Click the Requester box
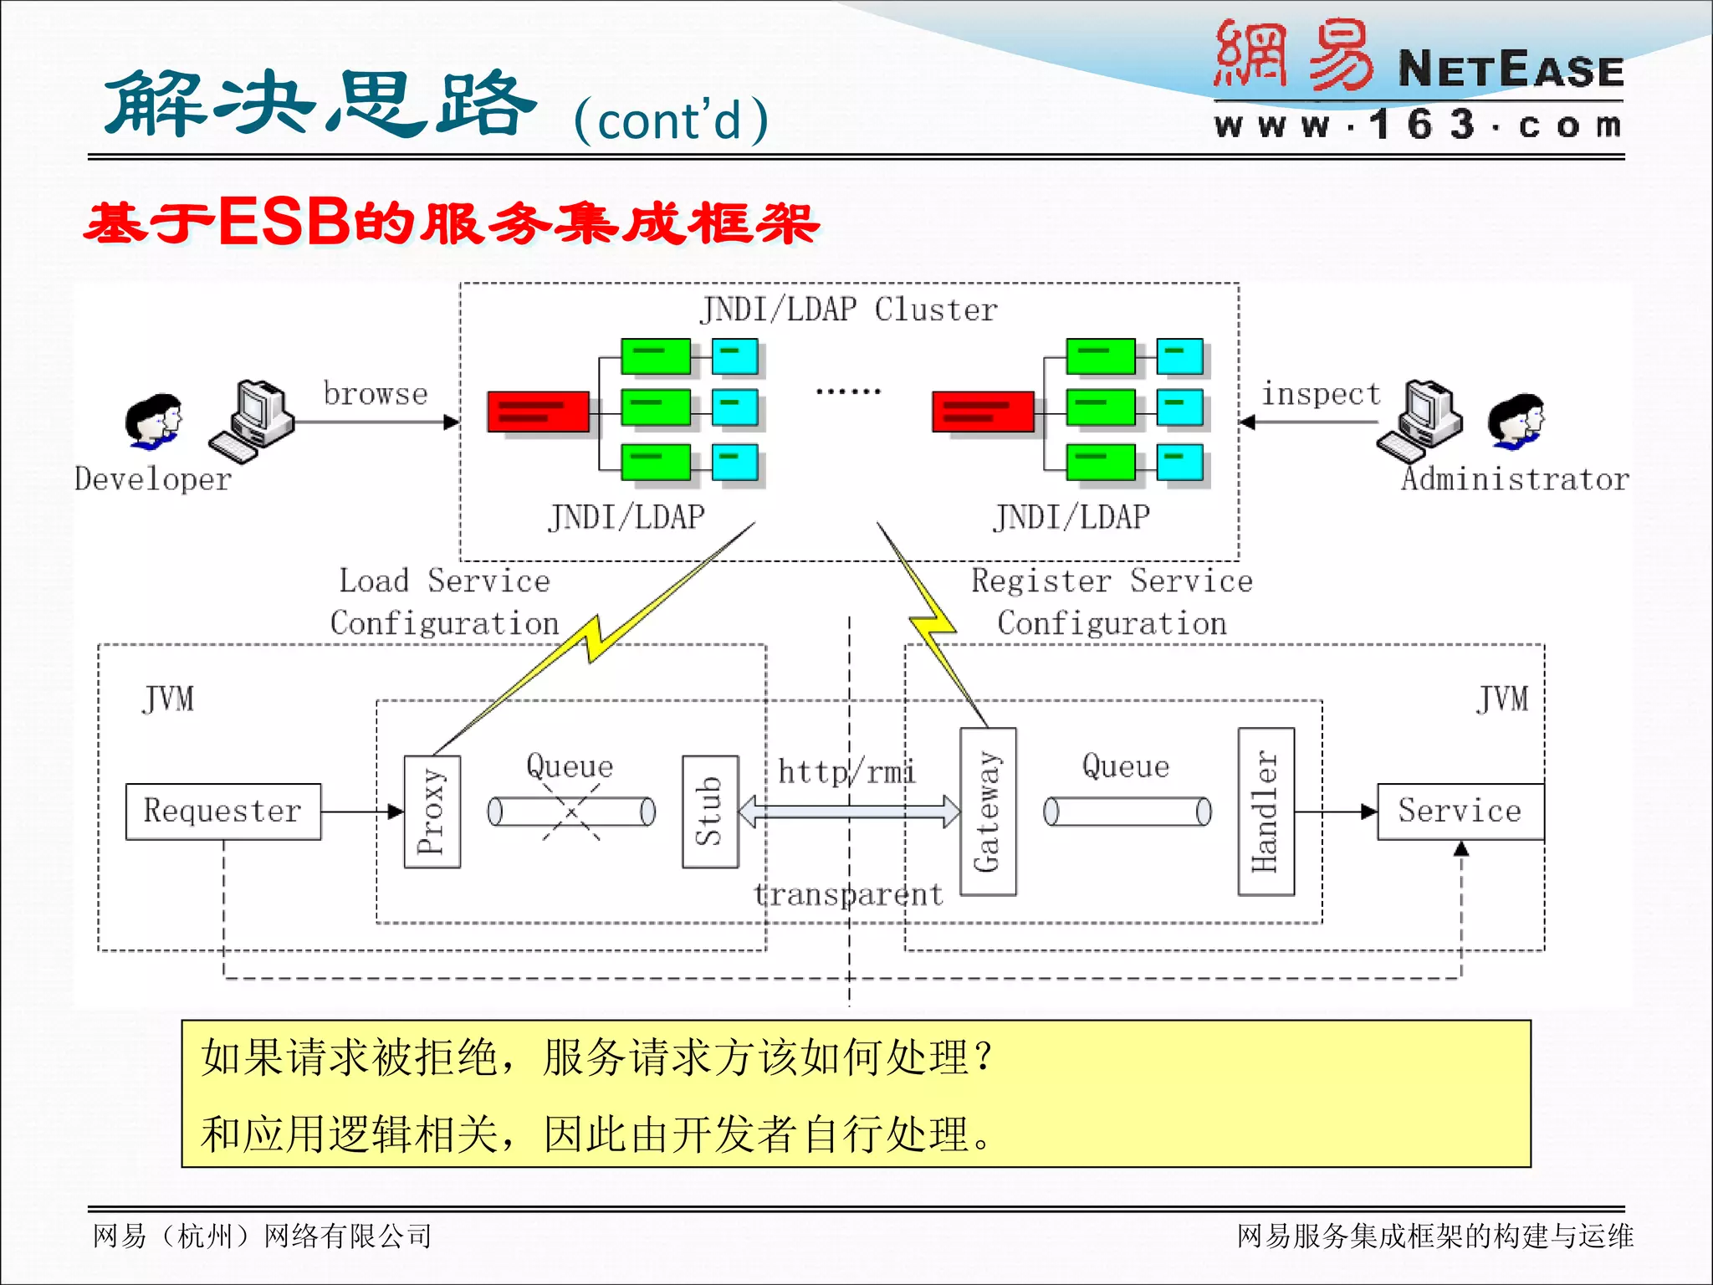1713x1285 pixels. click(x=222, y=811)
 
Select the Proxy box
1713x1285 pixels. click(x=432, y=811)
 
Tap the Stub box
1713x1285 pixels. click(x=710, y=811)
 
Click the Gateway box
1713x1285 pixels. click(x=988, y=811)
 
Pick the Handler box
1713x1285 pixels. click(x=1266, y=811)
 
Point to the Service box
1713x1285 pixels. click(x=1460, y=811)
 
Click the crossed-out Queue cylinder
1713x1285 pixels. click(x=571, y=811)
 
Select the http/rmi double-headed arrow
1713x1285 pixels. click(x=849, y=811)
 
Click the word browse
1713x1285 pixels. click(x=376, y=393)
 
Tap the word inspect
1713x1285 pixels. click(x=1321, y=393)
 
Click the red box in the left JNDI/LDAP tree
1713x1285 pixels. click(x=538, y=411)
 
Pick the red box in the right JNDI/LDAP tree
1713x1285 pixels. click(x=983, y=411)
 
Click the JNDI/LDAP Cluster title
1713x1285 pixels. click(x=849, y=310)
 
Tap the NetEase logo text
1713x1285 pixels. click(x=1510, y=69)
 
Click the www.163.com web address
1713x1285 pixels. click(x=1418, y=125)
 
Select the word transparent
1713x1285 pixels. click(x=848, y=894)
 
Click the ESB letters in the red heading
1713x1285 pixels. click(x=284, y=223)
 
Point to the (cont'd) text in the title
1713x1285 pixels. click(x=671, y=120)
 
